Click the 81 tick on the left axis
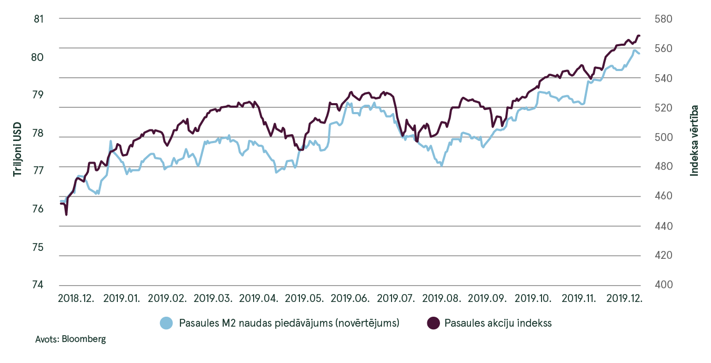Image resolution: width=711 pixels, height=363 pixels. (37, 19)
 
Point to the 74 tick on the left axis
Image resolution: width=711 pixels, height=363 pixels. (37, 285)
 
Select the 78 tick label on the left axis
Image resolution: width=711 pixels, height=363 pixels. (37, 133)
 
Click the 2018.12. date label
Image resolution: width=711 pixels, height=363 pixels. (76, 298)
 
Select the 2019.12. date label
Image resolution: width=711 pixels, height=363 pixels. (625, 298)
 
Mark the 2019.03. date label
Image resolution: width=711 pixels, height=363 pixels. (213, 298)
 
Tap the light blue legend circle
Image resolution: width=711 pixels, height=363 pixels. (166, 323)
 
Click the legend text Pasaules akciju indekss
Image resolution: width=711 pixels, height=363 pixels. (498, 323)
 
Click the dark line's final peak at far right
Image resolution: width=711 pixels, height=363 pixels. (638, 35)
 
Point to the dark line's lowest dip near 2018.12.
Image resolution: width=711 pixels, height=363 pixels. (66, 215)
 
